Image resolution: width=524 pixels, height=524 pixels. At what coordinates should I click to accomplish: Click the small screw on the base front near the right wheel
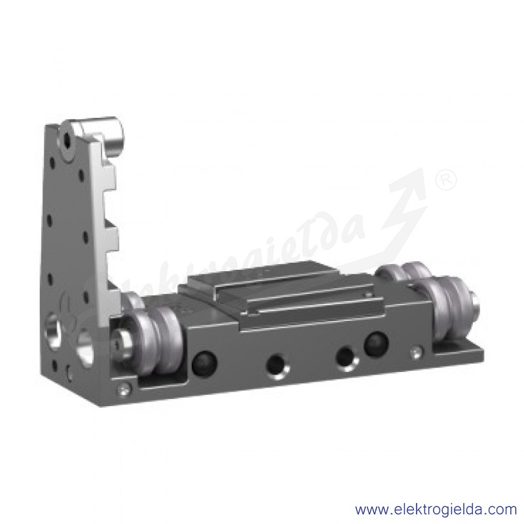(415, 352)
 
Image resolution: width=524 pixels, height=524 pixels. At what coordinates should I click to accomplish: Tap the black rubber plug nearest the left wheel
(204, 364)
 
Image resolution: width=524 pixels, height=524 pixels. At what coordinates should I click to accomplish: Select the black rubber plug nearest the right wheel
(375, 343)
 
